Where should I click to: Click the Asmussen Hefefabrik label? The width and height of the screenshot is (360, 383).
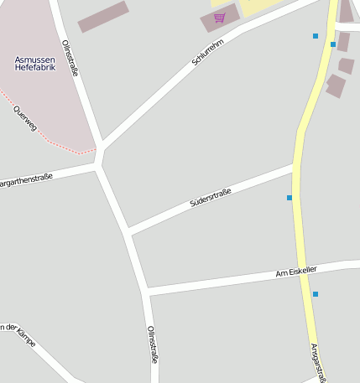tap(35, 63)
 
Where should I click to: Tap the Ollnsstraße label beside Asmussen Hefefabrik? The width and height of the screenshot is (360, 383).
tap(70, 59)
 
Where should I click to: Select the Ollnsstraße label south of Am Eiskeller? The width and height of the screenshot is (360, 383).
tap(153, 344)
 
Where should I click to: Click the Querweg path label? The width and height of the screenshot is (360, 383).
tap(26, 118)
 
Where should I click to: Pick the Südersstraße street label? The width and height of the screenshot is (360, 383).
tap(211, 198)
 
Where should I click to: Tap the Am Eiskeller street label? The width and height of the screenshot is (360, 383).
tap(296, 272)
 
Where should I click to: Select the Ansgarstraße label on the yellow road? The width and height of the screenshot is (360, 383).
tap(318, 362)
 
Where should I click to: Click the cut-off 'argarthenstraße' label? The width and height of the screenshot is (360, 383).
tap(25, 180)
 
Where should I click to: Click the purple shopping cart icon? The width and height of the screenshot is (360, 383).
tap(219, 18)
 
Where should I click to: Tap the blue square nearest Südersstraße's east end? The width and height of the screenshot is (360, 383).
tap(290, 198)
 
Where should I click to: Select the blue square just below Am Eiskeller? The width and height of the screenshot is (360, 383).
tap(316, 294)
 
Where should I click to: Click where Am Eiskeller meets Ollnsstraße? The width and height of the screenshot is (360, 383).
tap(147, 292)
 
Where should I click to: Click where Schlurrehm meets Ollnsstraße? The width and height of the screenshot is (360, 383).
tap(102, 148)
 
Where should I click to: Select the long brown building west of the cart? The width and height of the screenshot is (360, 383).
tap(103, 16)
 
